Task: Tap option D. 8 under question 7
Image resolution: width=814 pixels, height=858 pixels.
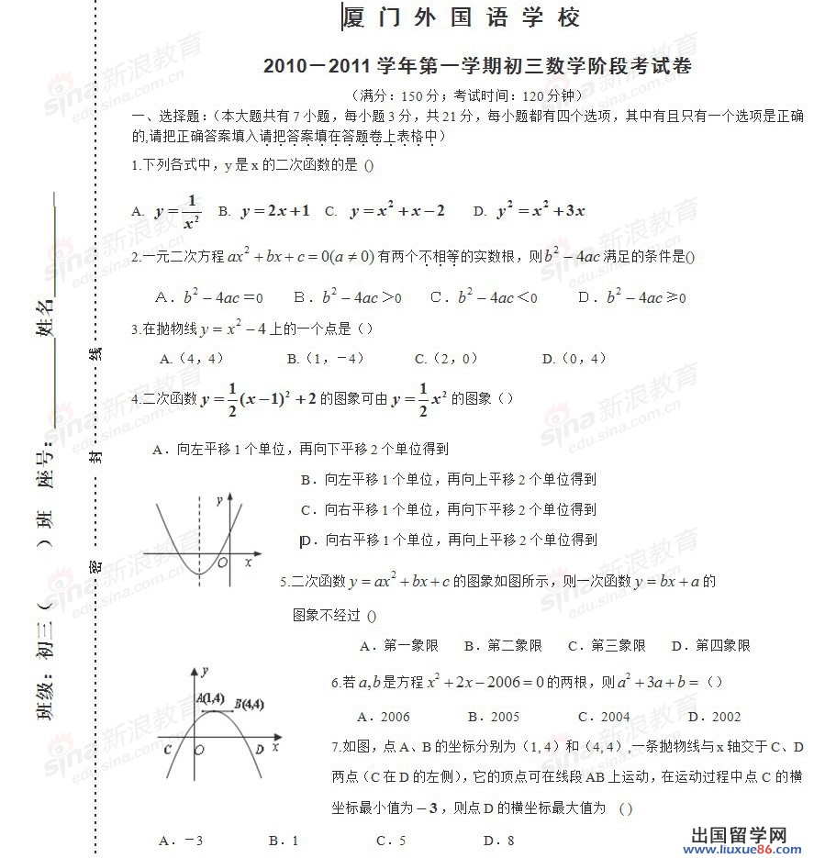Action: pos(498,840)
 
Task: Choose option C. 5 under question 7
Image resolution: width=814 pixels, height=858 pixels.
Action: pos(391,840)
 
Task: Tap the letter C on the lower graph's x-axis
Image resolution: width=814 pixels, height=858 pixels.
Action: pos(168,750)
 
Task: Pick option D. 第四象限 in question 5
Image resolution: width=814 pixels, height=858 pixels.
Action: pos(710,646)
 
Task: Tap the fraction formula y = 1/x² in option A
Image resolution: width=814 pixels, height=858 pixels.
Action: pos(178,211)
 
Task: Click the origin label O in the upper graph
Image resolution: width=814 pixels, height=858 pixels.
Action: pos(222,562)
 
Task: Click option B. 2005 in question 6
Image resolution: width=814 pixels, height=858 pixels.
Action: pos(494,717)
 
